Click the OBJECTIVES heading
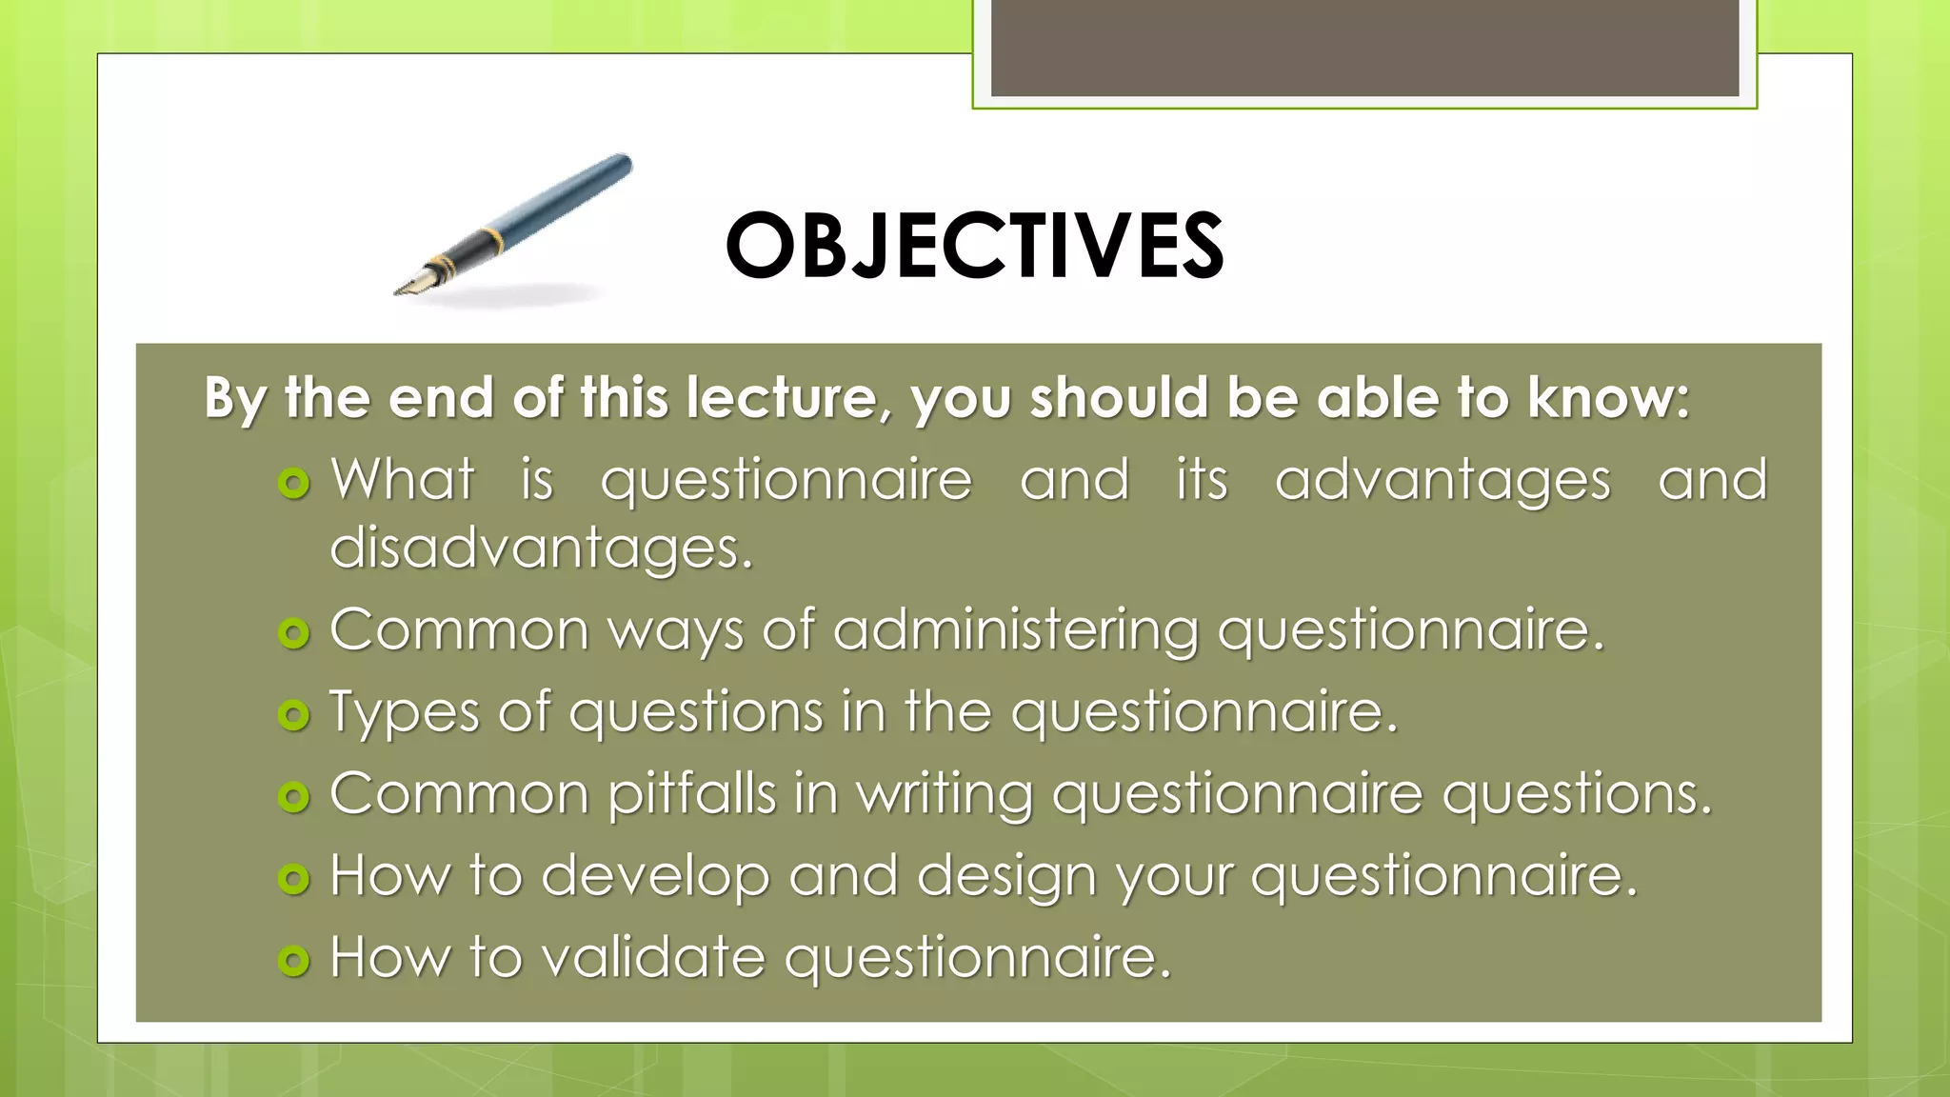pyautogui.click(x=974, y=246)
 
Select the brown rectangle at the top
pyautogui.click(x=1364, y=48)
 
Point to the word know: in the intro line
pyautogui.click(x=1608, y=398)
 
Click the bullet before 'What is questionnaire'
pyautogui.click(x=294, y=483)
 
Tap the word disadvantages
pyautogui.click(x=540, y=548)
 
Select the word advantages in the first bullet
pyautogui.click(x=1443, y=480)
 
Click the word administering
pyautogui.click(x=1016, y=630)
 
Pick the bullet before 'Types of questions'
pyautogui.click(x=294, y=714)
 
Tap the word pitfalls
pyautogui.click(x=692, y=793)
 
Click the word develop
pyautogui.click(x=655, y=876)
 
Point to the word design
pyautogui.click(x=1006, y=876)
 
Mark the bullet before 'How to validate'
pyautogui.click(x=294, y=960)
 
